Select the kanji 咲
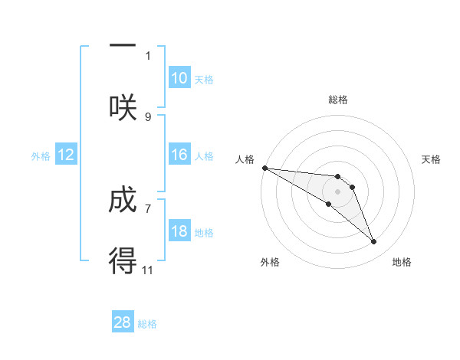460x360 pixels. (x=123, y=107)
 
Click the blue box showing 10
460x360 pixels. (x=179, y=78)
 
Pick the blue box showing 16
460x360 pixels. (x=179, y=155)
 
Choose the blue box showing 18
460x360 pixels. (x=179, y=231)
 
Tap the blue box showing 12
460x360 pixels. (x=66, y=155)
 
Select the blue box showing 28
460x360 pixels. (x=123, y=322)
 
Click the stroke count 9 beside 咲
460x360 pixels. (x=148, y=116)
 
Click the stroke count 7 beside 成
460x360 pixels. (x=148, y=208)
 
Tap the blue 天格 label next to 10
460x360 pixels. (x=204, y=80)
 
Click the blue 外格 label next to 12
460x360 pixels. (x=41, y=156)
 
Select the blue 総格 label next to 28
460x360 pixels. (x=147, y=324)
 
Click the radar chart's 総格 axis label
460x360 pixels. (x=338, y=100)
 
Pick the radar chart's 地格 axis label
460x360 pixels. (x=402, y=262)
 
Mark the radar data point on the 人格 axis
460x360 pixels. (x=264, y=167)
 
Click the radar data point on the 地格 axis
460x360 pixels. (x=374, y=242)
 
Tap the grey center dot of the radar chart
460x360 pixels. (x=337, y=191)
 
